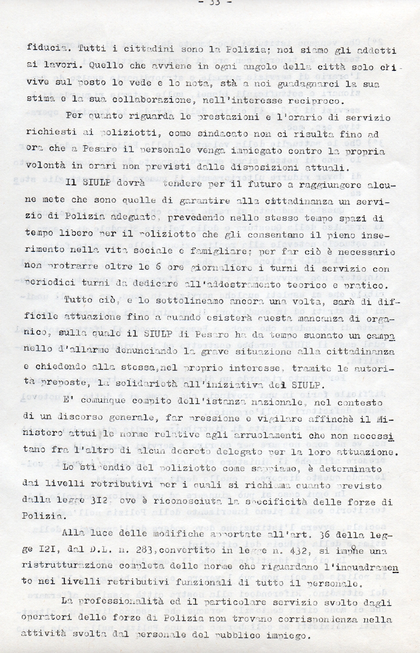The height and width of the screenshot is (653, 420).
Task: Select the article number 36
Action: pyautogui.click(x=326, y=534)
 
